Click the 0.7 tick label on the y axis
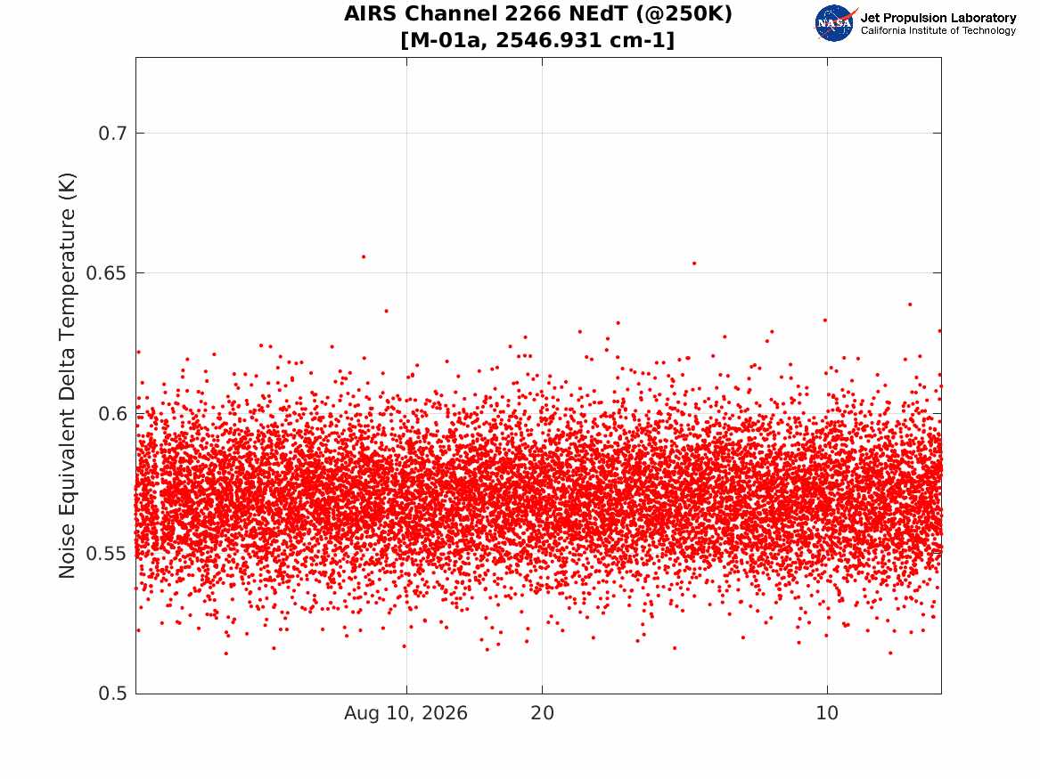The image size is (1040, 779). coord(112,134)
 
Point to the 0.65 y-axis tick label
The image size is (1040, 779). coord(106,273)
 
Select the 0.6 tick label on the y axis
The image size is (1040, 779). coord(112,413)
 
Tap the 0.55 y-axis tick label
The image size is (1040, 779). coord(106,553)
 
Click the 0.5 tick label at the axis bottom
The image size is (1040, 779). coord(112,694)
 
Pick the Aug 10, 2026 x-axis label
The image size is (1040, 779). coord(405,713)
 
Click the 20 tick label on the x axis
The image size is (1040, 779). coord(542,713)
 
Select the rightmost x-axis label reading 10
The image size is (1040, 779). coord(827,713)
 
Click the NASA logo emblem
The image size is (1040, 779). coord(835,23)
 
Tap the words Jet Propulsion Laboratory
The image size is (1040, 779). coord(938,18)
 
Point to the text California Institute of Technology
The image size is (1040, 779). coord(938,30)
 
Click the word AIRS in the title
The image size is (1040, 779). coord(373,14)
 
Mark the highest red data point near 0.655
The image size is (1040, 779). coord(363,256)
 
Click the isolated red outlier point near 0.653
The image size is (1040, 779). coord(693,263)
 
